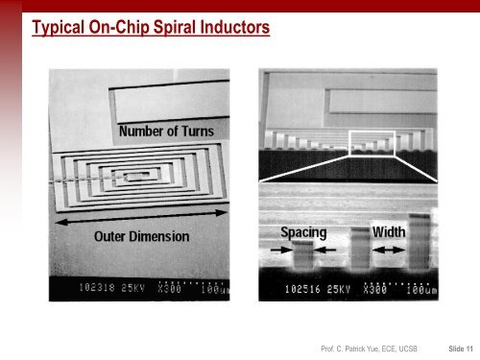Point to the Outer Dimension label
(141, 236)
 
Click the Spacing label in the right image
(303, 231)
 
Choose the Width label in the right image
(387, 231)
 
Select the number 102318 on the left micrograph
(101, 284)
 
